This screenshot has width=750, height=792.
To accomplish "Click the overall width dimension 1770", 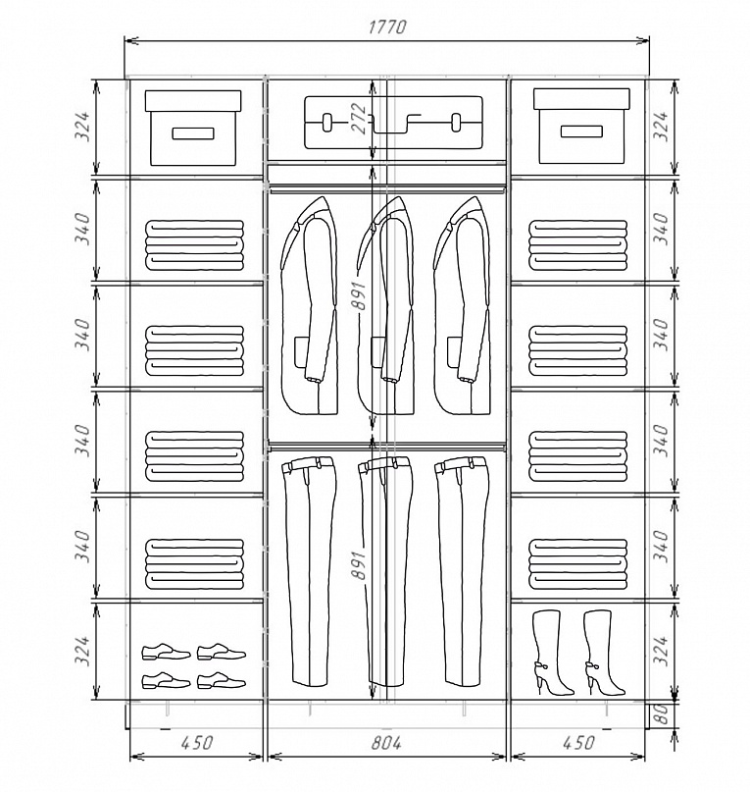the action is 386,26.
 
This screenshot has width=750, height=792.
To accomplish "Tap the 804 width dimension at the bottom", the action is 386,743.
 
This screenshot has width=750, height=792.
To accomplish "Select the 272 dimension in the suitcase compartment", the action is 359,118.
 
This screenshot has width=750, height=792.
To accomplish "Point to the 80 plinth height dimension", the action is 663,714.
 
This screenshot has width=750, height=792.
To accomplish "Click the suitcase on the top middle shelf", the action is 393,123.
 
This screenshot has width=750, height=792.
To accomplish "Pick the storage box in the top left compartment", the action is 193,128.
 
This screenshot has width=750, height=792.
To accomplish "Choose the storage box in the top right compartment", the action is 581,127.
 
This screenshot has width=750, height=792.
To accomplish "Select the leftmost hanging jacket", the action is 310,305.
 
